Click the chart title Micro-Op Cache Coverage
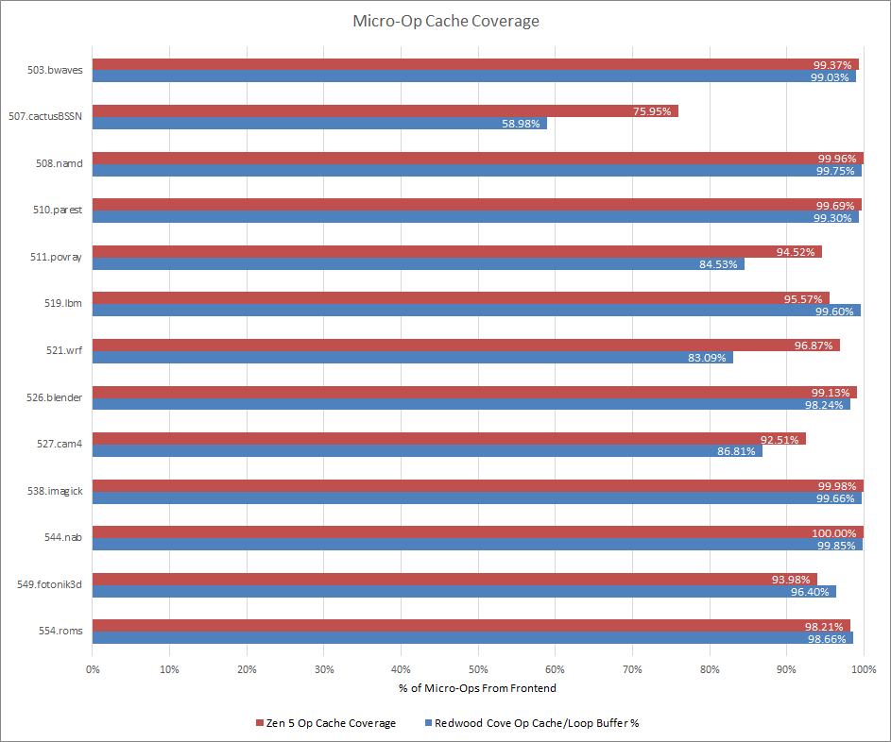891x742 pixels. point(445,21)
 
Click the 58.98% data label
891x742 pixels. point(523,124)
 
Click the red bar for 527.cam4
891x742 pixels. point(448,439)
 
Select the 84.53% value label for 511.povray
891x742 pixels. point(720,264)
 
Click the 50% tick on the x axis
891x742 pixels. point(477,669)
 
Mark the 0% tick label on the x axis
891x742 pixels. point(93,669)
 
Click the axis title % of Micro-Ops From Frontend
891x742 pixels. point(477,688)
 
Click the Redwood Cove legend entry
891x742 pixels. point(537,723)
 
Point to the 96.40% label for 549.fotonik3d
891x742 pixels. point(814,592)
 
